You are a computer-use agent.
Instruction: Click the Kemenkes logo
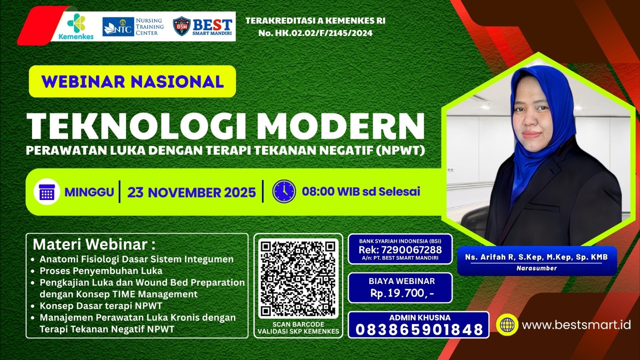[x=76, y=26]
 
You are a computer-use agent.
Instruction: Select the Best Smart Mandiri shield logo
[x=182, y=26]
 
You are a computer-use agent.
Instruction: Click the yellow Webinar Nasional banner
[x=132, y=82]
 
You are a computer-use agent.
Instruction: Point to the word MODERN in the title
[x=340, y=126]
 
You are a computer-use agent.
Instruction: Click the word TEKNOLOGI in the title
[x=136, y=126]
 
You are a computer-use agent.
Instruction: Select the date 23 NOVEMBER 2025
[x=192, y=192]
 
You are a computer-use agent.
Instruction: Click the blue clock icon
[x=284, y=191]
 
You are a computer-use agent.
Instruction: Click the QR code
[x=298, y=278]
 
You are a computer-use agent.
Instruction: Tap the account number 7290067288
[x=411, y=250]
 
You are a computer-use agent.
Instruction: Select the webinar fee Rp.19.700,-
[x=402, y=293]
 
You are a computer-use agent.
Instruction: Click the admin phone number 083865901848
[x=419, y=330]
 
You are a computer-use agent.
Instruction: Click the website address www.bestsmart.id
[x=576, y=324]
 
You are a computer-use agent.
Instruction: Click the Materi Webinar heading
[x=94, y=244]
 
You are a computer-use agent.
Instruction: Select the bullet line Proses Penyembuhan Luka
[x=101, y=271]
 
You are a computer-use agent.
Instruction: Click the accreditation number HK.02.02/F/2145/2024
[x=324, y=33]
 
